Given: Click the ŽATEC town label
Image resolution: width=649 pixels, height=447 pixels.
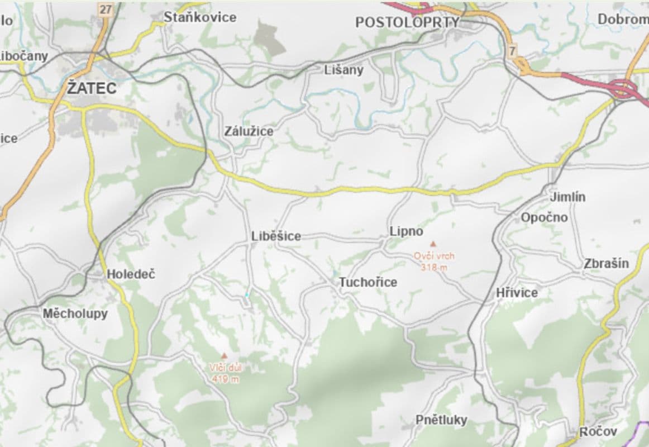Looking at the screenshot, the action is [x=92, y=88].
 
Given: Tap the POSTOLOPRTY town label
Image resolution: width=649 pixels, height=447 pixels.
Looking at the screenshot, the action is [x=407, y=22].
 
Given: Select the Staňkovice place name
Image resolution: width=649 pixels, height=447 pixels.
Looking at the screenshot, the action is [x=200, y=17].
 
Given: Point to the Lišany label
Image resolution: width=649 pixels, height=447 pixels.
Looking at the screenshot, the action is [x=343, y=70].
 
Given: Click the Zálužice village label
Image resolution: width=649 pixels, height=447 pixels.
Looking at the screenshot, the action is [x=249, y=131].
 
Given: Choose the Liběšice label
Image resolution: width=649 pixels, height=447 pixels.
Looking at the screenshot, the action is [x=276, y=236].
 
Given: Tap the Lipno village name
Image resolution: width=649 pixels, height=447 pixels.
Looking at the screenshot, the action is [x=406, y=231].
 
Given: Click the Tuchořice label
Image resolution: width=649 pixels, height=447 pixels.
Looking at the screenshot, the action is [x=368, y=282].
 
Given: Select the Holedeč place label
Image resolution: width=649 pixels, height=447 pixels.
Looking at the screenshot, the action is [x=131, y=274].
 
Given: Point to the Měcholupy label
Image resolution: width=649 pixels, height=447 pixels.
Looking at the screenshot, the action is [x=75, y=313].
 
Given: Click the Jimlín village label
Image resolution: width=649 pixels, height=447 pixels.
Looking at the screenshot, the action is [x=567, y=197].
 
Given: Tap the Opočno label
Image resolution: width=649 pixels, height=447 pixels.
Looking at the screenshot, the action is [x=544, y=217].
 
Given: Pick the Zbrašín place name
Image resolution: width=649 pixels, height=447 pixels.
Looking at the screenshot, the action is [x=606, y=264].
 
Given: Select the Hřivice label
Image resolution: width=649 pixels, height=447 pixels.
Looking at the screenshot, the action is [x=517, y=293].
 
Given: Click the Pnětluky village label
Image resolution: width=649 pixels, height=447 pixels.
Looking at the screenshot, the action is [x=441, y=420].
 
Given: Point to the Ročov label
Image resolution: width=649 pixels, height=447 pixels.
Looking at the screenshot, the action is [x=598, y=432].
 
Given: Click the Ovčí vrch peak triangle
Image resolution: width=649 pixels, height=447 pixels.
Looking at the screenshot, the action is [x=432, y=244].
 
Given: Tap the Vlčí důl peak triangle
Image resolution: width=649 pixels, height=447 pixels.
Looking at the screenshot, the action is [x=225, y=355].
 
